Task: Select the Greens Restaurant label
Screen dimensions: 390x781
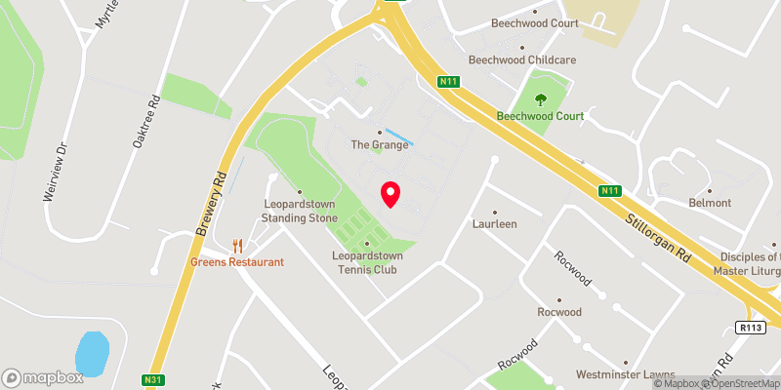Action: tap(237, 261)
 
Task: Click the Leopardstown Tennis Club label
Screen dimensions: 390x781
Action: tap(367, 262)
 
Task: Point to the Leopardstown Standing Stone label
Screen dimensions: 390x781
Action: tap(300, 211)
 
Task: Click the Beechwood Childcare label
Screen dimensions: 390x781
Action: tap(522, 59)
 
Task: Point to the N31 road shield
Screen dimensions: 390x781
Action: tap(151, 379)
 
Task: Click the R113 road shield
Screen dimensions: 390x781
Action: tap(749, 328)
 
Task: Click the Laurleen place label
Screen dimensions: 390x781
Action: tap(495, 223)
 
